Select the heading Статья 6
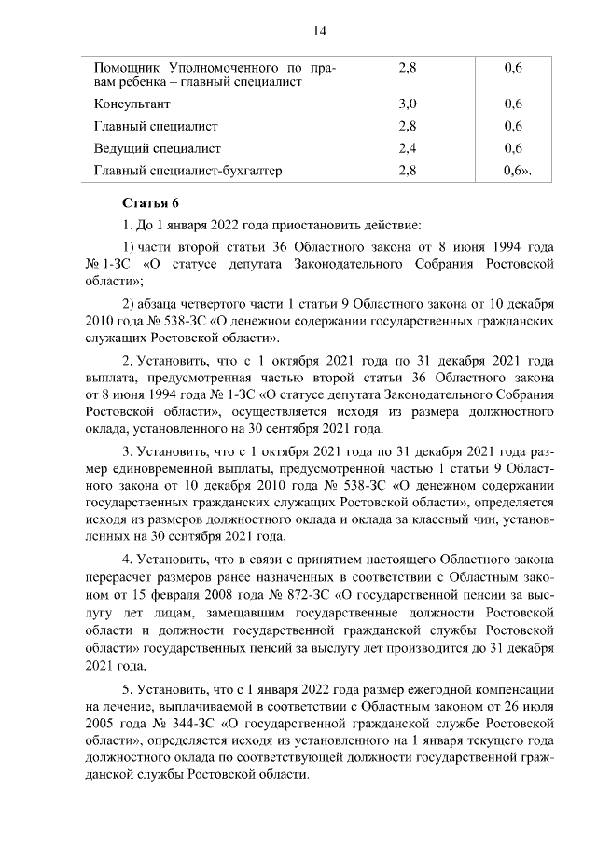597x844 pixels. (150, 203)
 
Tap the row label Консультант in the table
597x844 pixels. (134, 104)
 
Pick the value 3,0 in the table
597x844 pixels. (407, 104)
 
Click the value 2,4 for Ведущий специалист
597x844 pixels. (407, 148)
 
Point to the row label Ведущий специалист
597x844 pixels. (158, 148)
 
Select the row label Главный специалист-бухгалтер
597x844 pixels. (187, 171)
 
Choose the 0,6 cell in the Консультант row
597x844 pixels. (512, 104)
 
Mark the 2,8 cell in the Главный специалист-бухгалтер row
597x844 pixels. (407, 171)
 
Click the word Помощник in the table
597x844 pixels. (127, 67)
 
